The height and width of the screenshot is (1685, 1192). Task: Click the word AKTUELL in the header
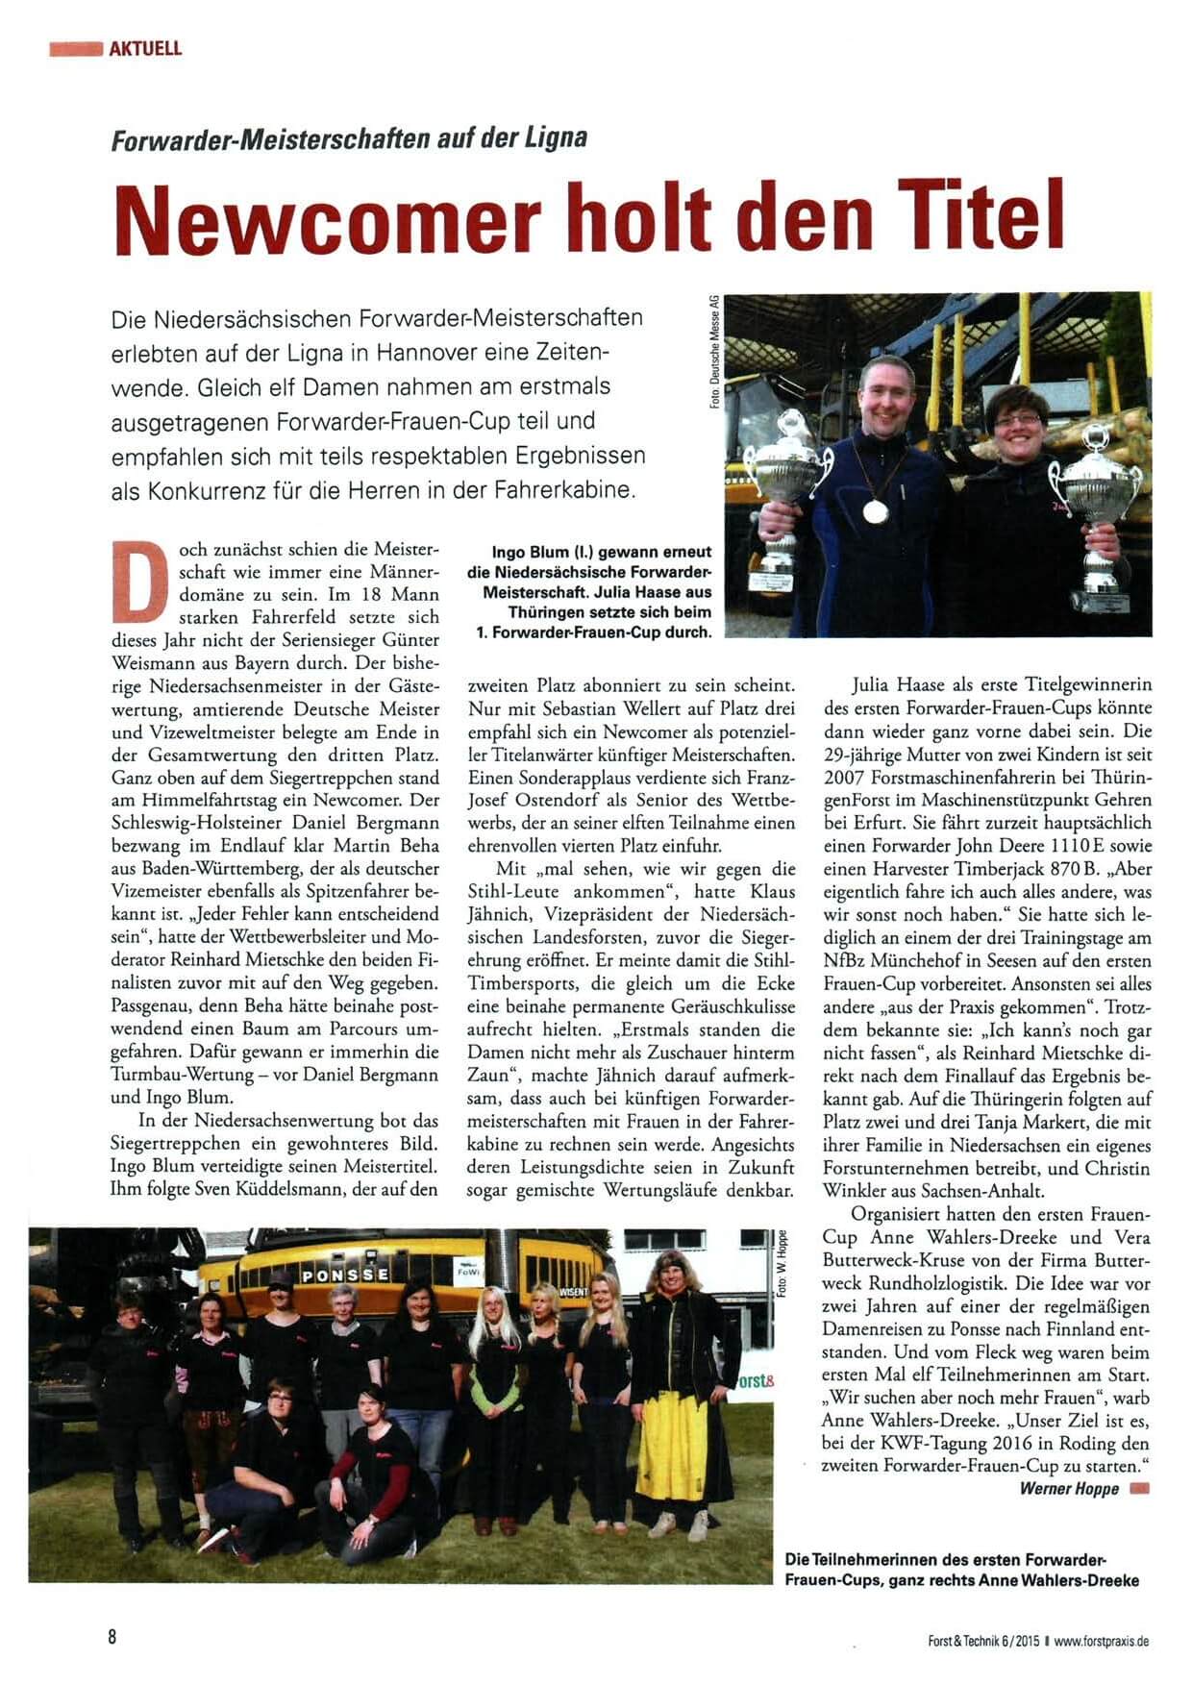pyautogui.click(x=145, y=48)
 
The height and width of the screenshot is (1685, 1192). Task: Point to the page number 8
pyautogui.click(x=112, y=1637)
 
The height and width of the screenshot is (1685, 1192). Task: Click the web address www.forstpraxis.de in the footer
pyautogui.click(x=1101, y=1642)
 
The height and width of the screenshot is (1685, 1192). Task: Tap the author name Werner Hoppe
pyautogui.click(x=1069, y=1489)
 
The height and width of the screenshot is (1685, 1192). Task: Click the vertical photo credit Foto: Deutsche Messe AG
pyautogui.click(x=715, y=352)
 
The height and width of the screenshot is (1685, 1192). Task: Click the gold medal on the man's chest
pyautogui.click(x=875, y=511)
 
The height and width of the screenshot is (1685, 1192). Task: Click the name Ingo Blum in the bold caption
pyautogui.click(x=531, y=553)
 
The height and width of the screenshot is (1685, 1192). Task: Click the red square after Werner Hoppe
pyautogui.click(x=1140, y=1489)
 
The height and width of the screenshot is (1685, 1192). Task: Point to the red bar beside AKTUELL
pyautogui.click(x=76, y=48)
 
